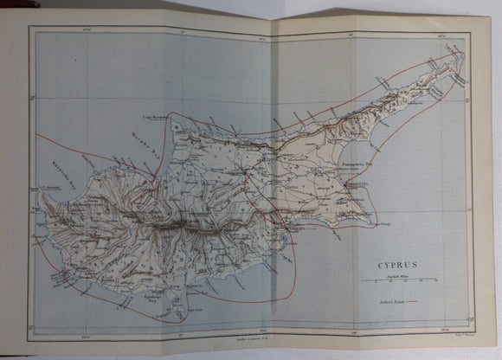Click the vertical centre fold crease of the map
(271, 173)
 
